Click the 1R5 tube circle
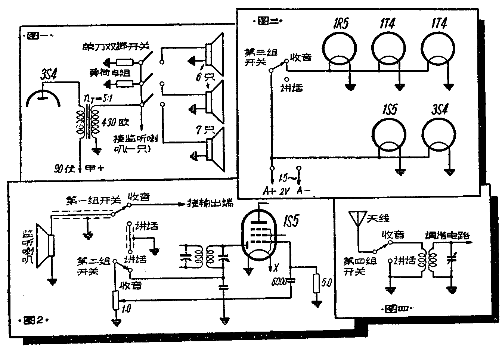(339, 53)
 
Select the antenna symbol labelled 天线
(357, 218)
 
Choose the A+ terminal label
(269, 191)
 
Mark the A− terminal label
(303, 191)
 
